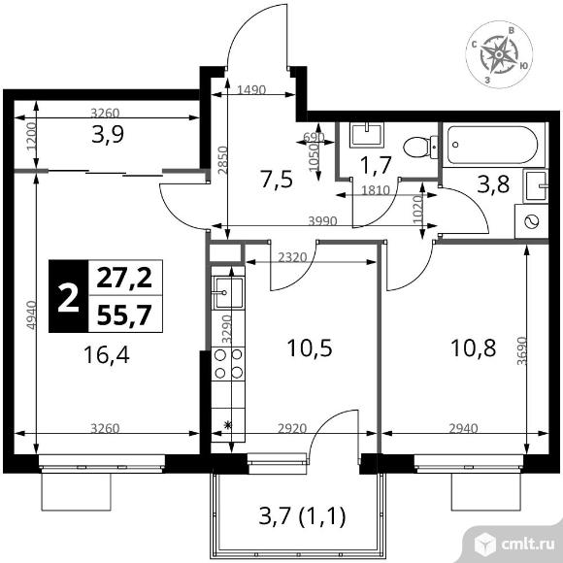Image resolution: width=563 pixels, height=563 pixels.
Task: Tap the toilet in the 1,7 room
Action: click(416, 145)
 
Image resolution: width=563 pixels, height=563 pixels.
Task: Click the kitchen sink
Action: click(226, 288)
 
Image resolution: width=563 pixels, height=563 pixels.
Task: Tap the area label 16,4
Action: click(107, 354)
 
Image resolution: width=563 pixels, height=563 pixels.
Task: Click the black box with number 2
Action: click(68, 296)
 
